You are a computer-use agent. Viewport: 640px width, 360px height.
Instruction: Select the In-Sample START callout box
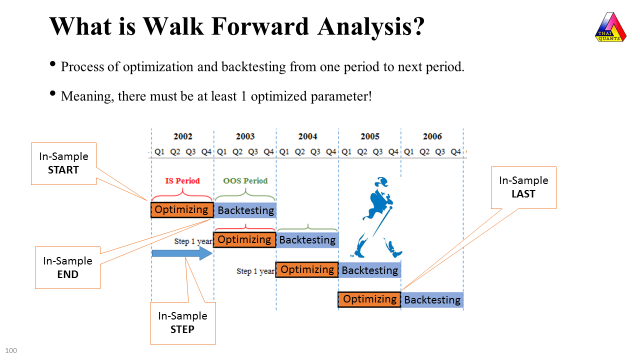point(63,163)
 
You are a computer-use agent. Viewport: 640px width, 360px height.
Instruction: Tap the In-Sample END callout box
point(67,267)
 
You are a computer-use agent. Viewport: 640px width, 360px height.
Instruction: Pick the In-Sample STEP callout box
point(182,323)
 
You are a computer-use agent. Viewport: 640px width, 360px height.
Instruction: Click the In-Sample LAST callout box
point(523,187)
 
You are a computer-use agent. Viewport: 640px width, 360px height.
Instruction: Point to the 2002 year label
point(183,136)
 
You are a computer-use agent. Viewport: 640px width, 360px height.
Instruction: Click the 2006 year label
point(432,136)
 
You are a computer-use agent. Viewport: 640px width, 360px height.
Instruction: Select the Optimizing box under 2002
point(182,210)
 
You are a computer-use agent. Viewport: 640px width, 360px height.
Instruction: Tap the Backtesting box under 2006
point(432,300)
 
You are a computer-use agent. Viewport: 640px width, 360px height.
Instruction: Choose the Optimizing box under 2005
point(369,299)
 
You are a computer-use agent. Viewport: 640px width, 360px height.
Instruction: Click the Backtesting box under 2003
point(245,210)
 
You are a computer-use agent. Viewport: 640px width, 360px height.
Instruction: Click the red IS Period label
point(182,181)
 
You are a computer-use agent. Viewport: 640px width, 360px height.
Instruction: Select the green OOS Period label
point(245,181)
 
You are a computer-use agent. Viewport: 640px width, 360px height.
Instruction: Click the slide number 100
point(11,350)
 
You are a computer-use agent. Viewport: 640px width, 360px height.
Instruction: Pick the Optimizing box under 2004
point(307,270)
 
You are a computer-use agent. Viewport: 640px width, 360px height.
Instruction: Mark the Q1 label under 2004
point(284,152)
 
